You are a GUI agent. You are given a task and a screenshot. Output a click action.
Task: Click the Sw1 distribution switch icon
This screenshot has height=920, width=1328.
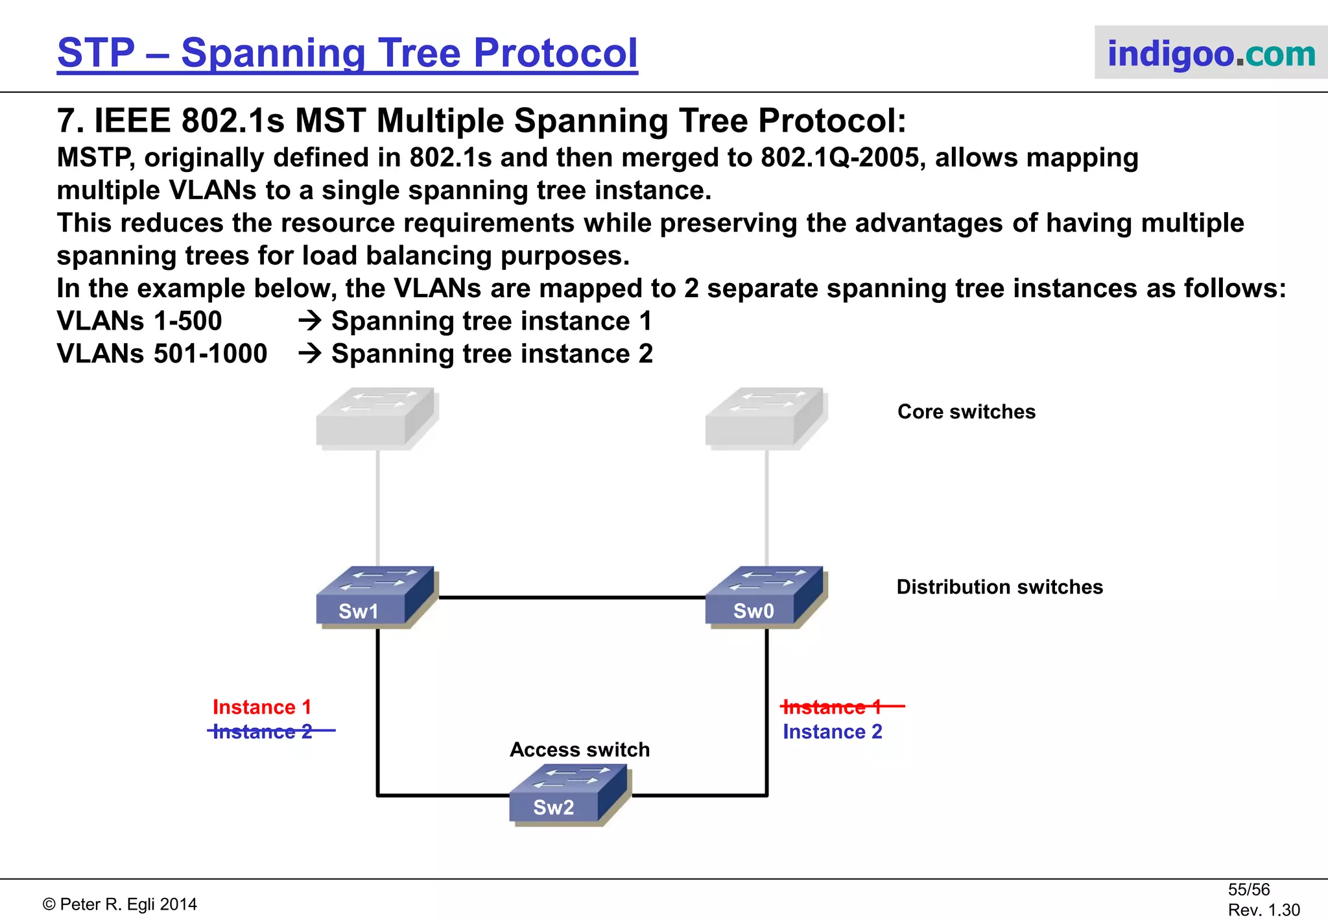click(374, 597)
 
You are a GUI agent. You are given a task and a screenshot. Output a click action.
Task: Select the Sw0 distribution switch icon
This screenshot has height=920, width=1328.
click(763, 597)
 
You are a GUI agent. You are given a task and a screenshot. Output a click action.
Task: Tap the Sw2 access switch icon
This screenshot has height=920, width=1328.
click(567, 795)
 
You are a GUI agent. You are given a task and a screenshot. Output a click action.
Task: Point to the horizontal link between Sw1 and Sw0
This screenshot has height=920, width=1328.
click(571, 598)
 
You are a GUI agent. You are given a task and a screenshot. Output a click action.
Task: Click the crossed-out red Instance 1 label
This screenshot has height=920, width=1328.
click(833, 707)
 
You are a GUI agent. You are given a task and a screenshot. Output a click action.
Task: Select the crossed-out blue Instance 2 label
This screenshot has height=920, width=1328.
click(263, 732)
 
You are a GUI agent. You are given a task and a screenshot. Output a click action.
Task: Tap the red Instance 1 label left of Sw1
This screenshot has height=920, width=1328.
click(262, 707)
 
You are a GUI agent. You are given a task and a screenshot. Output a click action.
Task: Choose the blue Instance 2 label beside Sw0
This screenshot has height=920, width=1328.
click(833, 732)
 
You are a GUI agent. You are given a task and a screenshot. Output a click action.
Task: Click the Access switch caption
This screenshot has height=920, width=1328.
click(580, 749)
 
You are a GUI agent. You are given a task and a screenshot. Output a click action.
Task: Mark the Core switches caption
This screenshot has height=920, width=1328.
click(966, 411)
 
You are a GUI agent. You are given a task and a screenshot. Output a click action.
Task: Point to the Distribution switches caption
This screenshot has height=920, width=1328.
click(999, 587)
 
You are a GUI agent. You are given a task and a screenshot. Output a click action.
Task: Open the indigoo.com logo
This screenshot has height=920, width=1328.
click(1211, 53)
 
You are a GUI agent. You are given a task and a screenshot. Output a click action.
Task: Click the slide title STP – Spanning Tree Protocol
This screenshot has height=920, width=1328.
click(348, 53)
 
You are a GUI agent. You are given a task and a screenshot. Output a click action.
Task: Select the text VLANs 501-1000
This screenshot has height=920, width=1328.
click(162, 354)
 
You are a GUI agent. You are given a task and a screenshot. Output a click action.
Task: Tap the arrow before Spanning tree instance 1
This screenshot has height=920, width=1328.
click(310, 321)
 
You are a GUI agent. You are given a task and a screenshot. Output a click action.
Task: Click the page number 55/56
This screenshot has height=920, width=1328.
click(1248, 890)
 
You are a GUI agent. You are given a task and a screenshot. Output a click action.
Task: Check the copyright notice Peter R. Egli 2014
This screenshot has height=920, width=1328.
click(121, 904)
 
